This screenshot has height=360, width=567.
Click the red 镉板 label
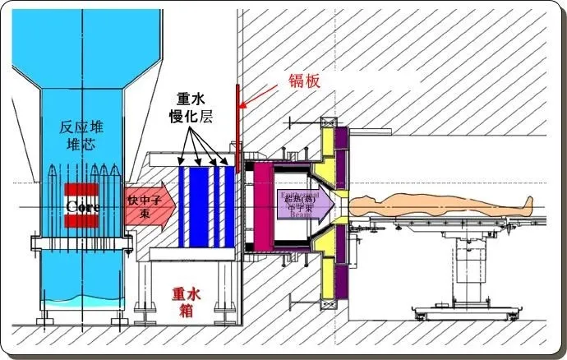tap(302, 80)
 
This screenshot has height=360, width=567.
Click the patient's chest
tap(403, 199)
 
